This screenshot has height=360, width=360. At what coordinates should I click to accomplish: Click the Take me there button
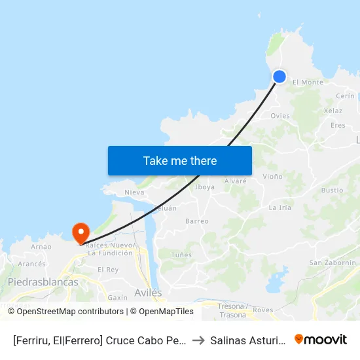(180, 160)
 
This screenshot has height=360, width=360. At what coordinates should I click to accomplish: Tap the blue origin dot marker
(279, 77)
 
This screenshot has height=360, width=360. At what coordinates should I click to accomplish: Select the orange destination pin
(81, 232)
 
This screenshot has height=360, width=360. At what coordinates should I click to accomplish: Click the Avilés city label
(148, 293)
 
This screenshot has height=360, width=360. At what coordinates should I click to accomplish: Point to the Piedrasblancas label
(43, 282)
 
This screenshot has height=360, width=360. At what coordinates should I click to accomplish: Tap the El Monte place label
(308, 82)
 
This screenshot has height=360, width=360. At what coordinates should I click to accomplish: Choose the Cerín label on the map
(345, 96)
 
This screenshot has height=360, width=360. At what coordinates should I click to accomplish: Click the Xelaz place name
(333, 111)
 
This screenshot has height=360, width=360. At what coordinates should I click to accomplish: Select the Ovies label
(280, 116)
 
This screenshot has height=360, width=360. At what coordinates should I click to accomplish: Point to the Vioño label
(272, 177)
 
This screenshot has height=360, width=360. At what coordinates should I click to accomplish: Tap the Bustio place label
(333, 190)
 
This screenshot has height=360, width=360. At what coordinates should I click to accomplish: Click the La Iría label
(280, 207)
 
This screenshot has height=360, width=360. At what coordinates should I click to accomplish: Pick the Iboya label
(205, 187)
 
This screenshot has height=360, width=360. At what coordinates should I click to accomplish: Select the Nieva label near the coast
(134, 192)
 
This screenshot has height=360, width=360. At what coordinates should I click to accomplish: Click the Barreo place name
(197, 221)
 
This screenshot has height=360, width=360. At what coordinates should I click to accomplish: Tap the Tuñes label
(181, 254)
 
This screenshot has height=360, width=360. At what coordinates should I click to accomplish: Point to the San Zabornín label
(333, 262)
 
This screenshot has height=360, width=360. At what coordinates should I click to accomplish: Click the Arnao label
(41, 247)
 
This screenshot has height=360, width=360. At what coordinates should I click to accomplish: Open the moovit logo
(320, 339)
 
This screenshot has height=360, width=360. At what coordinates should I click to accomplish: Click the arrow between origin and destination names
(198, 340)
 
